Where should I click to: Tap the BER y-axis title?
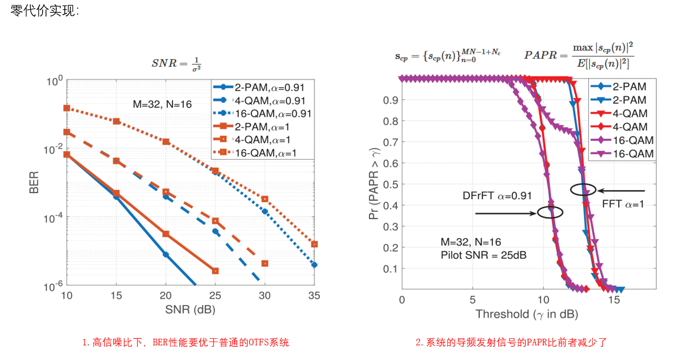(x=34, y=182)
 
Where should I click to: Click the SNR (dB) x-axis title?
(x=191, y=310)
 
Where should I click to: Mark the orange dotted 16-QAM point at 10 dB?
(x=67, y=108)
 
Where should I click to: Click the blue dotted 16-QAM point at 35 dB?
(x=314, y=265)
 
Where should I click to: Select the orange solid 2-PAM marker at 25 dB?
(x=215, y=271)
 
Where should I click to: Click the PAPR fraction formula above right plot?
(x=579, y=55)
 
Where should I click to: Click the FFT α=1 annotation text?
(x=623, y=205)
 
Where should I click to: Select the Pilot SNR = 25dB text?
(x=483, y=255)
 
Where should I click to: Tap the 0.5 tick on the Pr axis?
(x=391, y=184)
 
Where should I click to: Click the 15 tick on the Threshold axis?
(x=613, y=300)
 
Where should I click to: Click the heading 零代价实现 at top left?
(x=45, y=11)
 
